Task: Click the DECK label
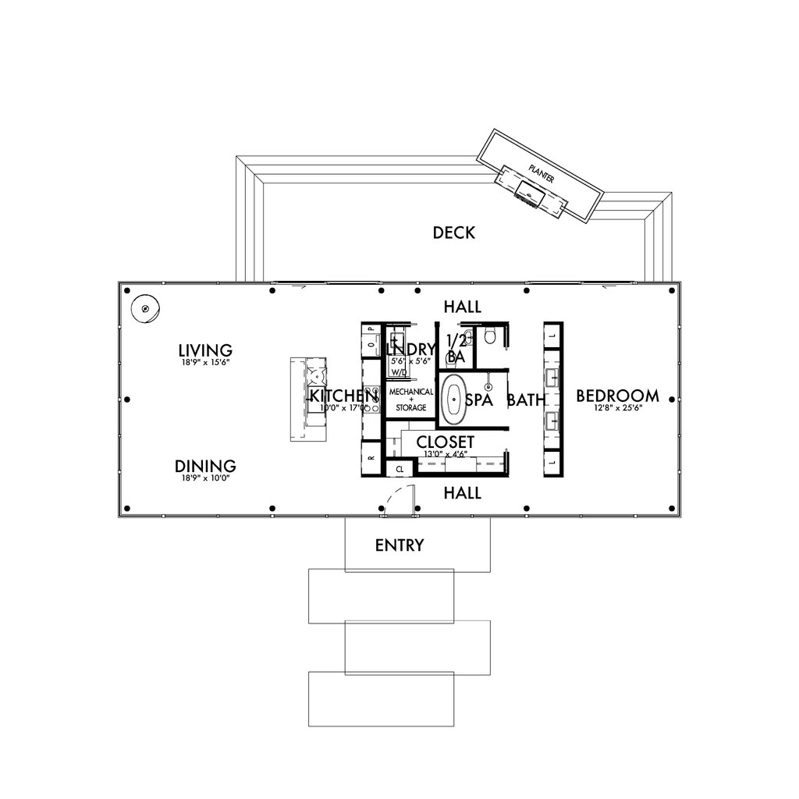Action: click(453, 233)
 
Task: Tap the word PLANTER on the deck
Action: click(541, 173)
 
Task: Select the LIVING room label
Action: click(205, 350)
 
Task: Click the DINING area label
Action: click(205, 467)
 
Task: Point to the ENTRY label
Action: click(399, 545)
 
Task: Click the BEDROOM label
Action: click(617, 396)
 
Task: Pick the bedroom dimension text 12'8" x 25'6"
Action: click(617, 409)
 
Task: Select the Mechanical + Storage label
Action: click(407, 399)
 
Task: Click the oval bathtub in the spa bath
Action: click(452, 399)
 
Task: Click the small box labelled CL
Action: click(399, 469)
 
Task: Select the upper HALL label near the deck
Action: click(462, 306)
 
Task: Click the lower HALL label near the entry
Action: click(462, 493)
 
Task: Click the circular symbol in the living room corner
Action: click(144, 309)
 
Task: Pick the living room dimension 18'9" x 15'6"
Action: click(205, 363)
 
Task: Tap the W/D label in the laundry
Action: click(397, 373)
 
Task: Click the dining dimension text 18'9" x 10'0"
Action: click(205, 479)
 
